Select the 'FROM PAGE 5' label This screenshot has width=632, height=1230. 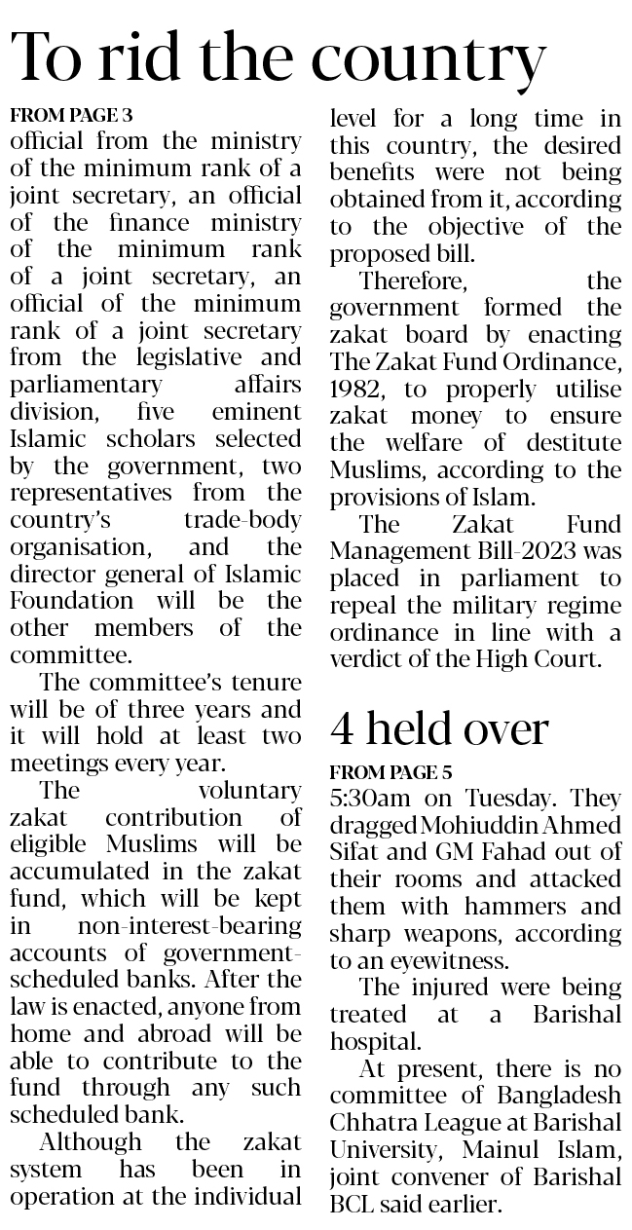coord(390,773)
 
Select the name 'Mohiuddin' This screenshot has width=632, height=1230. coord(467,826)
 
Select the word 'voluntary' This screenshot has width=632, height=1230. coord(249,790)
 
